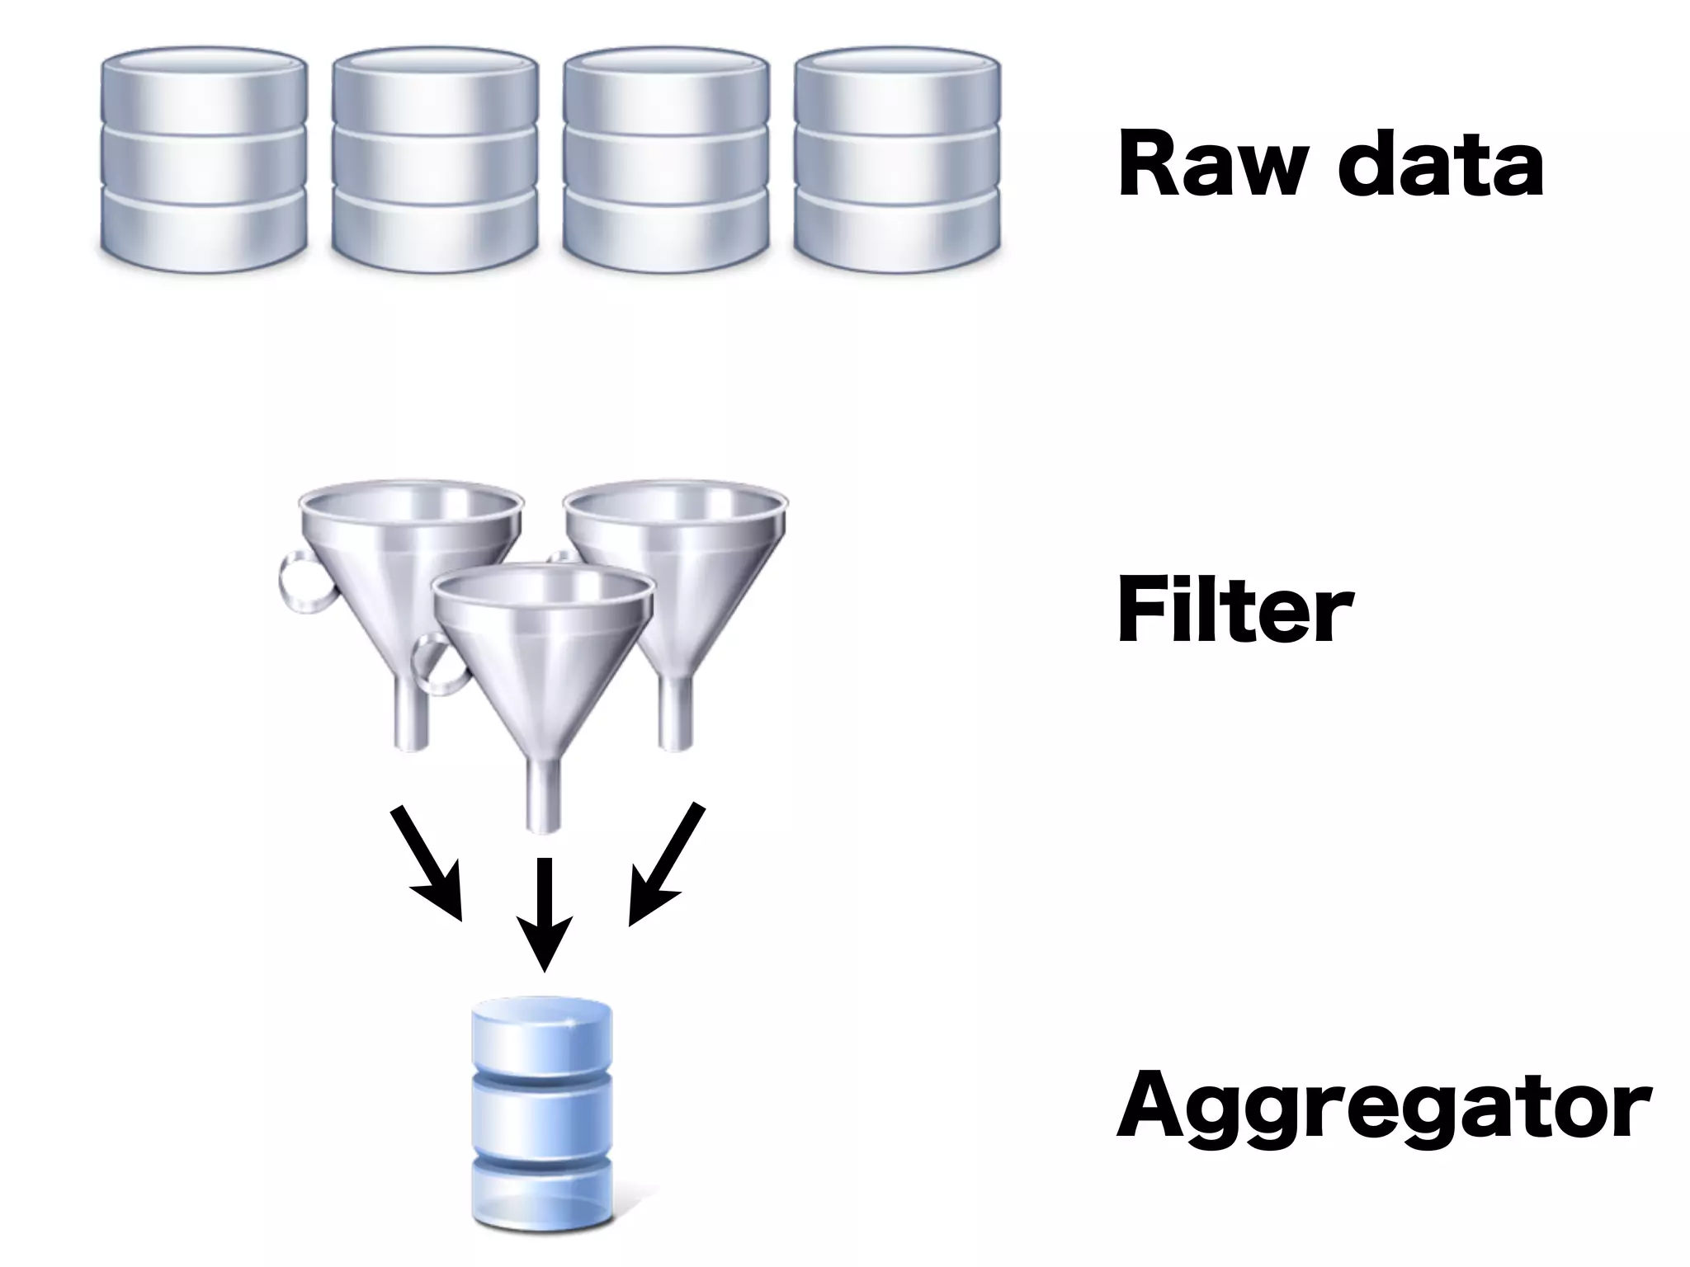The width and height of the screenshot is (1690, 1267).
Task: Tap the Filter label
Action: pyautogui.click(x=1234, y=611)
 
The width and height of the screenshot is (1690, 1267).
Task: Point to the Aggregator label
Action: pyautogui.click(x=1383, y=1105)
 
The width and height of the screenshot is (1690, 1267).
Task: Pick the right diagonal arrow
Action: pyautogui.click(x=665, y=863)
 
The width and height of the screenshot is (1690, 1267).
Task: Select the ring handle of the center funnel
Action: pyautogui.click(x=437, y=665)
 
